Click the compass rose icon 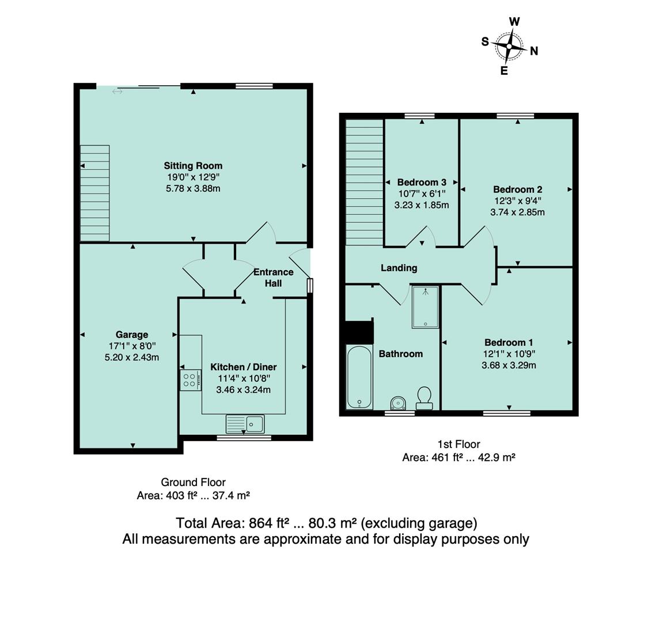click(509, 46)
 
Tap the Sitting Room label click(193, 166)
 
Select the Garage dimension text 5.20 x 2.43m click(131, 357)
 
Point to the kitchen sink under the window click(245, 424)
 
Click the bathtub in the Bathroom click(359, 377)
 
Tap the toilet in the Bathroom click(424, 397)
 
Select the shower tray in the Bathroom click(425, 307)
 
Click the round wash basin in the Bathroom click(397, 403)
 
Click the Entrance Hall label click(273, 278)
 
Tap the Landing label click(399, 268)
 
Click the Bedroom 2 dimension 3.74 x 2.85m click(517, 212)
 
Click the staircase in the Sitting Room click(94, 193)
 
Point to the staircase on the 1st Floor click(364, 181)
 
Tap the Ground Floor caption click(193, 482)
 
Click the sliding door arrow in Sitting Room click(117, 92)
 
